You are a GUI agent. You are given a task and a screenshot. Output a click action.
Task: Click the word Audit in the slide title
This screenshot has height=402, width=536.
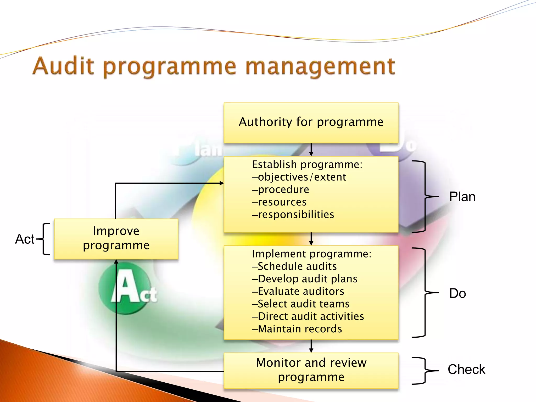point(63,66)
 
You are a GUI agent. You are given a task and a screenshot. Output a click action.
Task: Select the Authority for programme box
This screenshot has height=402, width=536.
point(311,122)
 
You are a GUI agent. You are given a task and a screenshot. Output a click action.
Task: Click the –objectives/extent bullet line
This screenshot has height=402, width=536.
point(299,177)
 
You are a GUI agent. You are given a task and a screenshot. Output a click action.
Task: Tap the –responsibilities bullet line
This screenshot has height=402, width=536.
point(293,215)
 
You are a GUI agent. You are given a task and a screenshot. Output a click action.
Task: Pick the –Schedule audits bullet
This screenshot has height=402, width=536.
point(294,266)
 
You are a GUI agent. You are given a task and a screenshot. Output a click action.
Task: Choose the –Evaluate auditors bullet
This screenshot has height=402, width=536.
point(298,292)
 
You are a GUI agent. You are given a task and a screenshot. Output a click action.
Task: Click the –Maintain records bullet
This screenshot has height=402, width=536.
point(297,329)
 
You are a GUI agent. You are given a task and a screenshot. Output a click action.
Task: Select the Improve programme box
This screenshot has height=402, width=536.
point(116,239)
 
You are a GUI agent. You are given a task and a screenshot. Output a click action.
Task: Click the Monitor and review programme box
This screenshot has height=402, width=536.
point(311,370)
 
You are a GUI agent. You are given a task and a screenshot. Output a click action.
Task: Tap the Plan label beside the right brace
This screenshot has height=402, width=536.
point(462,197)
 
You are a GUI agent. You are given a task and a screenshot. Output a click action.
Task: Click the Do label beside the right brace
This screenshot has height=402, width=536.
point(457,293)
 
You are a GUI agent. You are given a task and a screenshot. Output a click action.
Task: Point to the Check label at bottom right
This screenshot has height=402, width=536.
point(466,370)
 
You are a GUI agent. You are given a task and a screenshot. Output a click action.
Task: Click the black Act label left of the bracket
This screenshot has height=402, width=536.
point(25,239)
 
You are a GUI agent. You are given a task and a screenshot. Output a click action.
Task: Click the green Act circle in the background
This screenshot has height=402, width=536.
point(125,288)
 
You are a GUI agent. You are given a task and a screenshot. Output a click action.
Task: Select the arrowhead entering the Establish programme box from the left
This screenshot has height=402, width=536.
point(222,183)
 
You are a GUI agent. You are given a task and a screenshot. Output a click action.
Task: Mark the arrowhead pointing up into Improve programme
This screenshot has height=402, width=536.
point(116,261)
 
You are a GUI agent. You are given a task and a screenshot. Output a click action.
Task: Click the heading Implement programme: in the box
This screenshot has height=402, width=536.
point(311,254)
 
